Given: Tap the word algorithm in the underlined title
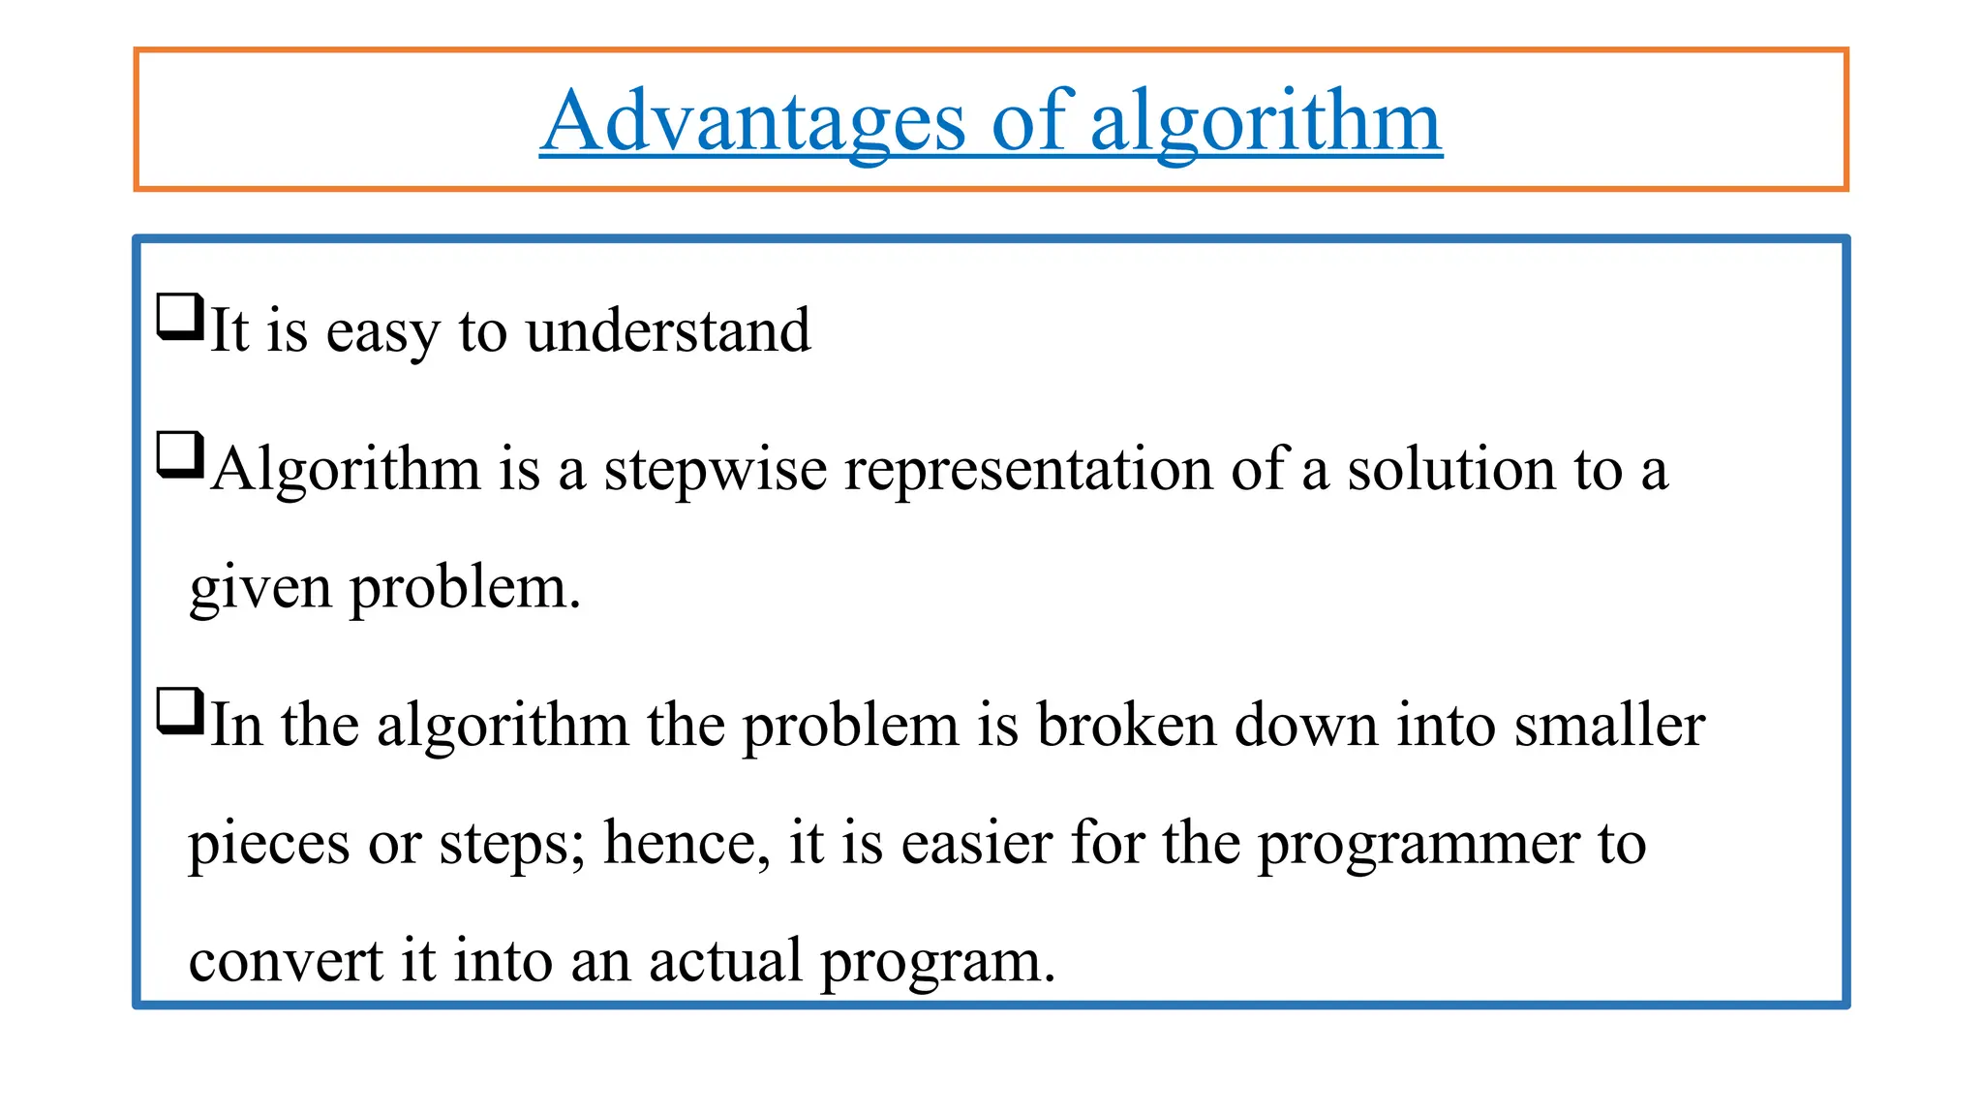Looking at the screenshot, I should click(1266, 123).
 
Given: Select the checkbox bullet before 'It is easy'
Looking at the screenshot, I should click(180, 317).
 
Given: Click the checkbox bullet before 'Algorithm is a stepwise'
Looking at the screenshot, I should click(180, 455).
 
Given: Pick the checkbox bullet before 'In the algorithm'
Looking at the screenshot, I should click(180, 711).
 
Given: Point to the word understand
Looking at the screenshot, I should click(668, 330).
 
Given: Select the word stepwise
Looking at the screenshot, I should click(716, 471).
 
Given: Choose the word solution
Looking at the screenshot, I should click(1451, 469).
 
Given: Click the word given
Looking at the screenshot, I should click(260, 589).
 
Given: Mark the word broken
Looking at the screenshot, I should click(1126, 725).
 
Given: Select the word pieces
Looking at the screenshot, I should click(268, 845).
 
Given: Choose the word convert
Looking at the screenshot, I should click(286, 961).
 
